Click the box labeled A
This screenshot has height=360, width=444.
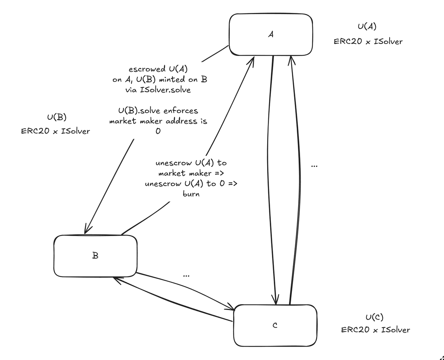tap(270, 34)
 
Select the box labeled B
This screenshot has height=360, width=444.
tap(95, 256)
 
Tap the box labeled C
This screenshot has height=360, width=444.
tap(275, 326)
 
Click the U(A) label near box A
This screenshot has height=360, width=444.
tap(368, 27)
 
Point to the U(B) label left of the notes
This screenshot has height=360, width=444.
tap(57, 118)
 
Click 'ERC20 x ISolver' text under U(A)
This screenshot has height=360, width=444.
tap(368, 41)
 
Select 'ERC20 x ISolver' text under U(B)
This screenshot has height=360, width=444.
tap(55, 131)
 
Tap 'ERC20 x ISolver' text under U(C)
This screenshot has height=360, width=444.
tap(375, 330)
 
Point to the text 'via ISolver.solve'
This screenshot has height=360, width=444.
tap(158, 90)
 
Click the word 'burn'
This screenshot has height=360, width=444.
tap(191, 194)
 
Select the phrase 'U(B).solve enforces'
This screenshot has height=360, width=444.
tap(158, 111)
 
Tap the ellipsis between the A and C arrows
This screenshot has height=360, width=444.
tap(314, 166)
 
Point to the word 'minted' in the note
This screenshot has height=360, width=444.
tap(173, 80)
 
